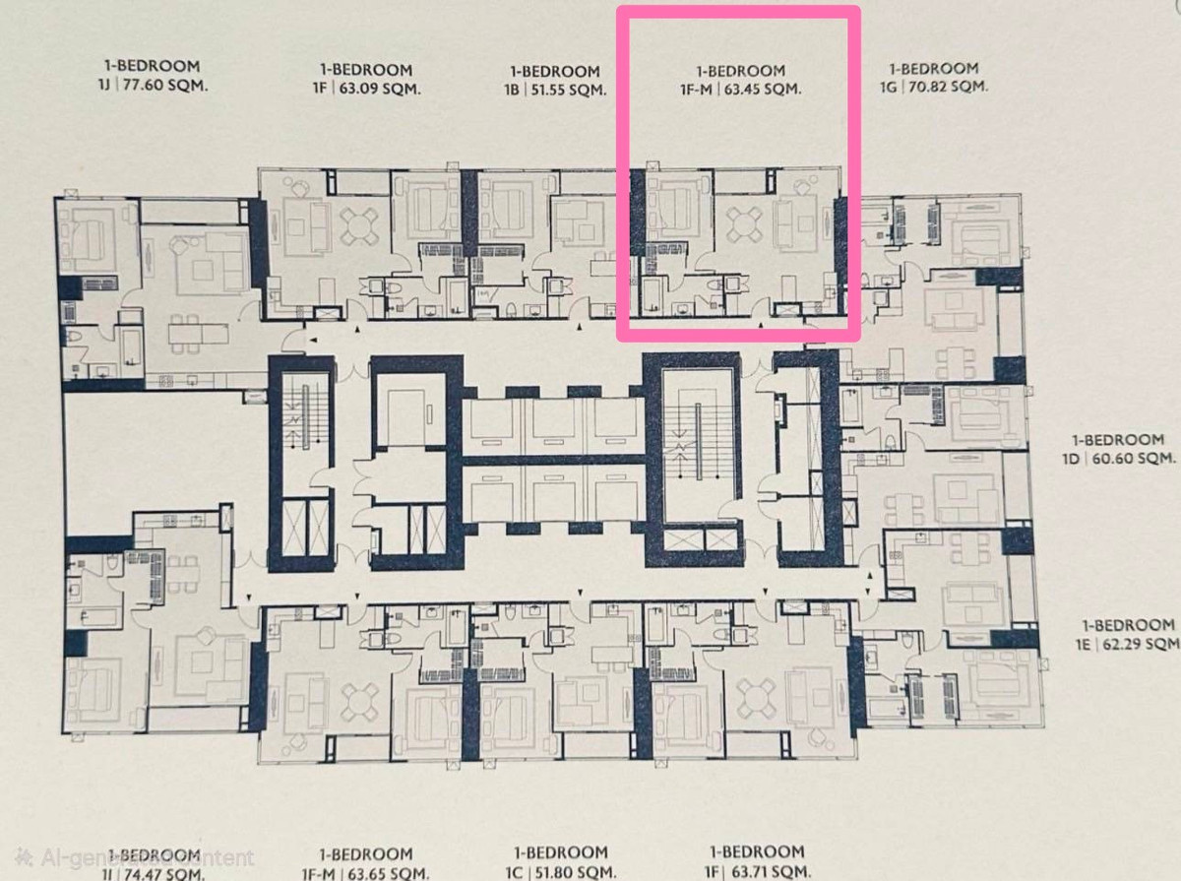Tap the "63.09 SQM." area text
click(x=378, y=88)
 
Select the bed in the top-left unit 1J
click(x=88, y=237)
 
